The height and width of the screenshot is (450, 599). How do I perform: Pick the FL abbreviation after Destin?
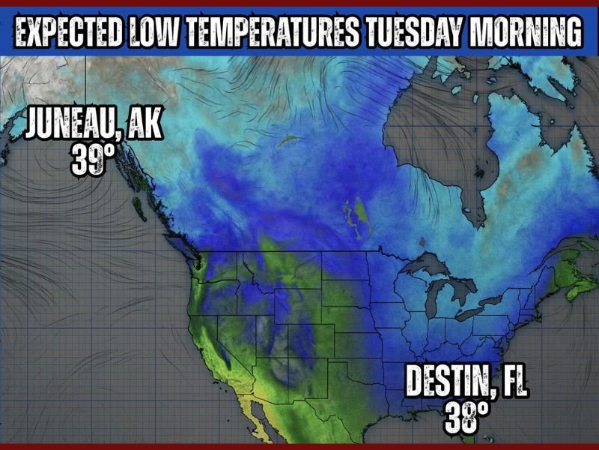[x=512, y=382]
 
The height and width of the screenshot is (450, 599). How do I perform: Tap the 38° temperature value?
[x=462, y=418]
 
